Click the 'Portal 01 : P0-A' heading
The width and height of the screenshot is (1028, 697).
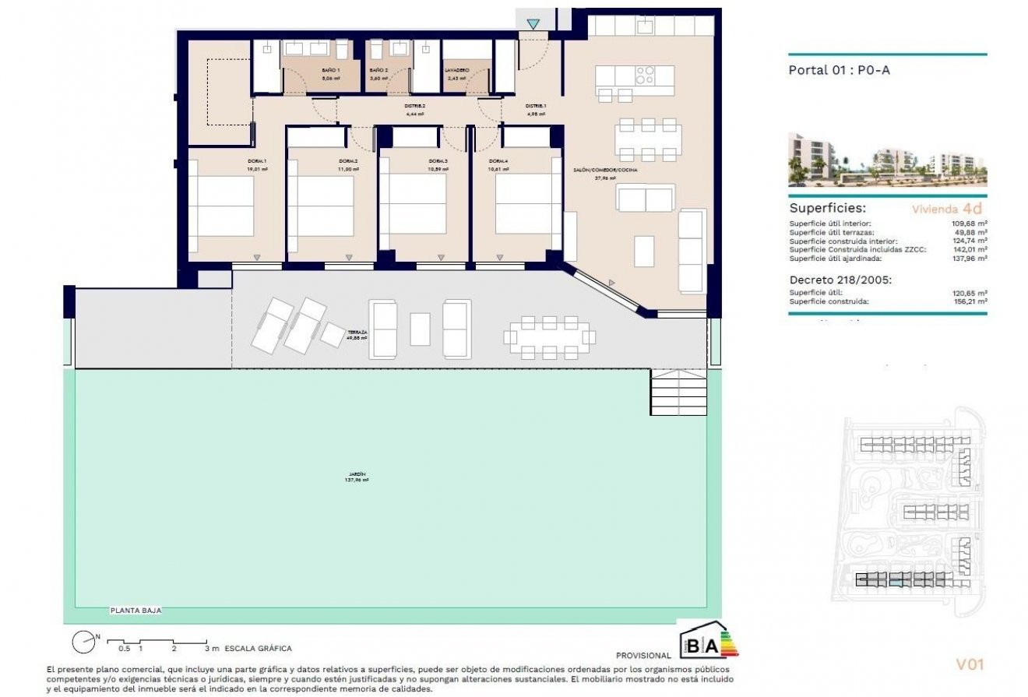coord(839,70)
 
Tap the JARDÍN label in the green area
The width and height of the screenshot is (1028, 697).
coord(356,477)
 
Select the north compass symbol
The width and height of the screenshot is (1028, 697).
coord(83,642)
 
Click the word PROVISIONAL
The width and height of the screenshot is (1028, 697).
coord(642,656)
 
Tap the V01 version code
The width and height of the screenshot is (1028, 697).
coord(970,664)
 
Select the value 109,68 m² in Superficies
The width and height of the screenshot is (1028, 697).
coord(969,224)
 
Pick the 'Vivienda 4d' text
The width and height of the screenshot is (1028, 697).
coord(946,209)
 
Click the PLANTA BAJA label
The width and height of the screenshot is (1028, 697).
coord(136,611)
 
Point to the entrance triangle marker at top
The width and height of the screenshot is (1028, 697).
coord(533,25)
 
